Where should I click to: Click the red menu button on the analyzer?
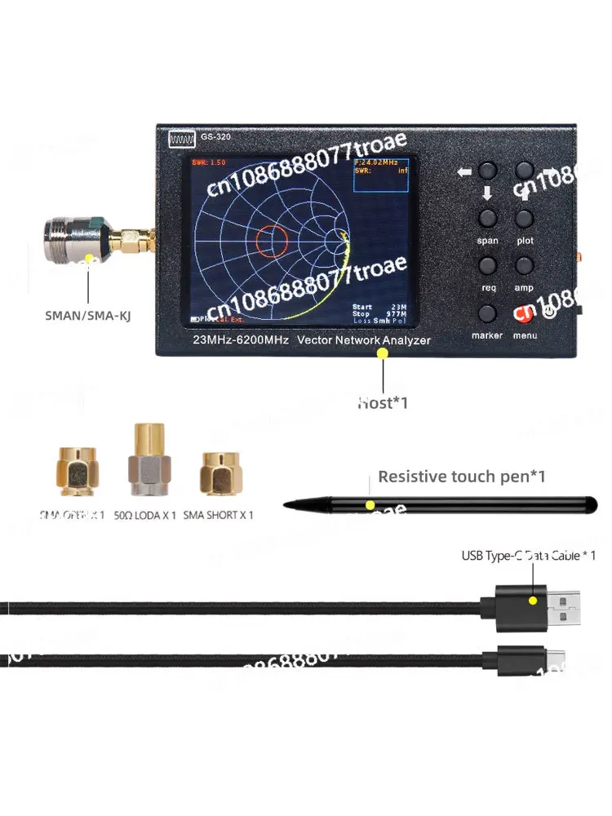(523, 313)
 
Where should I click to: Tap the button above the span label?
(488, 218)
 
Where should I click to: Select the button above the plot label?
(524, 218)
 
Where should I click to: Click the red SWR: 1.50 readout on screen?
(210, 162)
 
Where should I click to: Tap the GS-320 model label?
(216, 137)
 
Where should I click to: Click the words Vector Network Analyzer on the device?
(363, 339)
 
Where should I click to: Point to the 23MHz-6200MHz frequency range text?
(240, 339)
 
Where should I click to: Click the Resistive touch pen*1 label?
(461, 477)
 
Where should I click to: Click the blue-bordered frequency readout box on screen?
(379, 174)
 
